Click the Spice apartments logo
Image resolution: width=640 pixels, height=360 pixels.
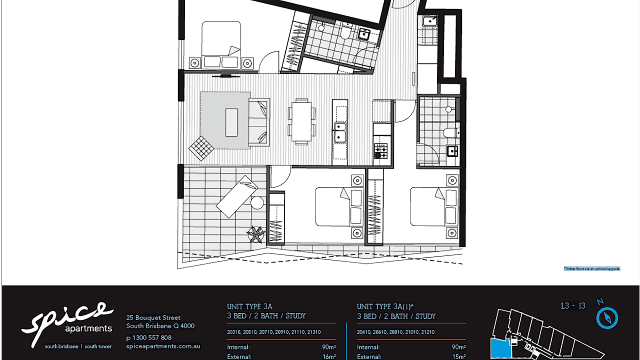tap(67, 324)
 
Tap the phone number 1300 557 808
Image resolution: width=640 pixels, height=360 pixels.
tap(148, 337)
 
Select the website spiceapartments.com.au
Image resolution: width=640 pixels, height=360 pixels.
tap(163, 345)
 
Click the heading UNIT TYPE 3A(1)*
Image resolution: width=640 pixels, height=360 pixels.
tap(385, 306)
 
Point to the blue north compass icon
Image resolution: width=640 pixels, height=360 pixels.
tap(607, 318)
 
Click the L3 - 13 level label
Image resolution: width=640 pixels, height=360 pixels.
tap(573, 306)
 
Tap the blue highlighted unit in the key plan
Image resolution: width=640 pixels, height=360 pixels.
tap(499, 348)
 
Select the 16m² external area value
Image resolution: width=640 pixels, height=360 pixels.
tap(329, 356)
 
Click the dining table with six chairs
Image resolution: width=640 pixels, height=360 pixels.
tap(301, 121)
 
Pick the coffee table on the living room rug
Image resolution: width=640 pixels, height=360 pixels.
tap(231, 122)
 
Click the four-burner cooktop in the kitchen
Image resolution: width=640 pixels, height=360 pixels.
tap(380, 151)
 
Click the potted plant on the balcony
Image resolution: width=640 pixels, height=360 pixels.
tap(256, 234)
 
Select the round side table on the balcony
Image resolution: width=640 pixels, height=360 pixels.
tap(257, 202)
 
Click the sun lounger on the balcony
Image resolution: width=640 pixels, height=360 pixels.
tap(236, 196)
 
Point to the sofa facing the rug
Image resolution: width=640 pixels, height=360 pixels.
tap(259, 122)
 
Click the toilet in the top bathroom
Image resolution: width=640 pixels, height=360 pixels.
tap(344, 33)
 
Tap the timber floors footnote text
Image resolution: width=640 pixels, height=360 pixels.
tap(592, 268)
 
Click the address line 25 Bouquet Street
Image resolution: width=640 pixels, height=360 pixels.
tap(153, 317)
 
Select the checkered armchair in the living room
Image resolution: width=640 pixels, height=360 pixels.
tap(201, 148)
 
